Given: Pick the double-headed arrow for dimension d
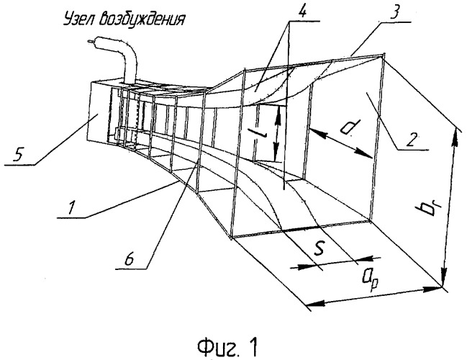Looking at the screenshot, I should click(x=342, y=142).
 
